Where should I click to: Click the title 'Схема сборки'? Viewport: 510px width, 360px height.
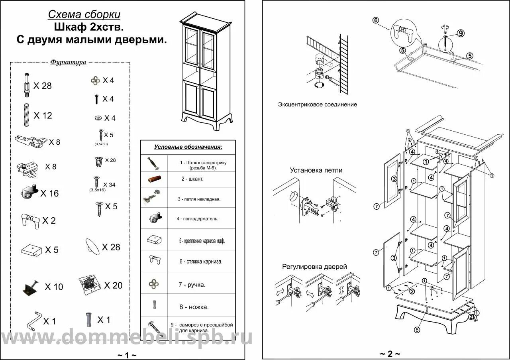point(84,15)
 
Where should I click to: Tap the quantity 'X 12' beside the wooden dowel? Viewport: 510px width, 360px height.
point(43,116)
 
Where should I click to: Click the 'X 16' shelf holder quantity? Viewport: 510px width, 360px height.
point(49,194)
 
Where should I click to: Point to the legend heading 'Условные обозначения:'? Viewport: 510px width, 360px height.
point(188,147)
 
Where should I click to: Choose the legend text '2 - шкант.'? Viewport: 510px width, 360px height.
point(192,179)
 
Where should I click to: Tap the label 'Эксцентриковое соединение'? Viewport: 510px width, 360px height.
point(317,104)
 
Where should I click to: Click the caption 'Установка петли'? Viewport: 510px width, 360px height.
point(316,170)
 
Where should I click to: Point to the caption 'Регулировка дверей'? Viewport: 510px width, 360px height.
point(314,266)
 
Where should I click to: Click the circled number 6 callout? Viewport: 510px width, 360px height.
point(376,20)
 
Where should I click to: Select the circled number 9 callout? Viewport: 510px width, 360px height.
point(461,33)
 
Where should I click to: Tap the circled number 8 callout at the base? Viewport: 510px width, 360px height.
point(417,330)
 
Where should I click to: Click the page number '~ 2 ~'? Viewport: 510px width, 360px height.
point(389,354)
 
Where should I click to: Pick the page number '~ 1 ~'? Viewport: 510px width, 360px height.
point(127,355)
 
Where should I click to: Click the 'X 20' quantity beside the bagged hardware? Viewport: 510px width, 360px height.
point(113,285)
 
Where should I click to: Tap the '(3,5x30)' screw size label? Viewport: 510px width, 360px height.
point(101,144)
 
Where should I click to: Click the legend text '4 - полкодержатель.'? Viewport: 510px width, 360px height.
point(198,218)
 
